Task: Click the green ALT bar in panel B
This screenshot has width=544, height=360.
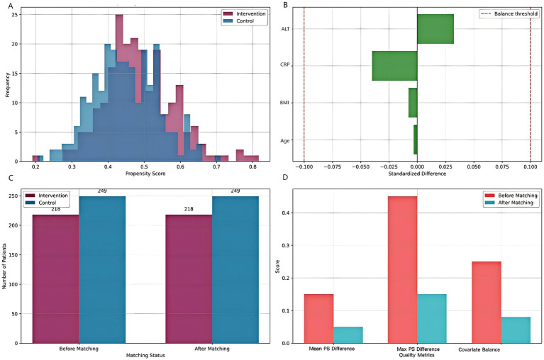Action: coord(435,29)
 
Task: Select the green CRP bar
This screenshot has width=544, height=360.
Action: coord(395,66)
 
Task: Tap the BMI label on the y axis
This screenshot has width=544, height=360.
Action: coord(284,103)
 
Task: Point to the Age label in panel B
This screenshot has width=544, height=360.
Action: coord(285,141)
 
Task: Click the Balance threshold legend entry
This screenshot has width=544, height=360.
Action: coord(509,14)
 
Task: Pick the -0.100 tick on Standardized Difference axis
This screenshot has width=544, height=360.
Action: coord(304,167)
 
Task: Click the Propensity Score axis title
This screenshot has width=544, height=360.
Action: coord(145,173)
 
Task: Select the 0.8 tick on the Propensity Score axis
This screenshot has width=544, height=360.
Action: coord(253,167)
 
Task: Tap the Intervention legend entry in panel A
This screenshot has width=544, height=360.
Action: coord(245,14)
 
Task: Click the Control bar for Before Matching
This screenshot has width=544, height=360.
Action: coord(102,269)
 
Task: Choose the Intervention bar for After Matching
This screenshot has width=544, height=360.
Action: coord(189,279)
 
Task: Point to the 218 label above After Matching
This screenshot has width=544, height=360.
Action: coord(189,209)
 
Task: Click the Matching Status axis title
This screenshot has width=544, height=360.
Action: coord(145,355)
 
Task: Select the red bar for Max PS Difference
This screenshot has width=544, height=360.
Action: coord(402,269)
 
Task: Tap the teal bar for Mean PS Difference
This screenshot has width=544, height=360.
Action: coord(348,334)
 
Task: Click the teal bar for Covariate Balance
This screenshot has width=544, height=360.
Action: coord(516,330)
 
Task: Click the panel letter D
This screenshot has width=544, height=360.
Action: coord(285,178)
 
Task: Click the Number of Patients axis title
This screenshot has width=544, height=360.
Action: coord(4,266)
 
